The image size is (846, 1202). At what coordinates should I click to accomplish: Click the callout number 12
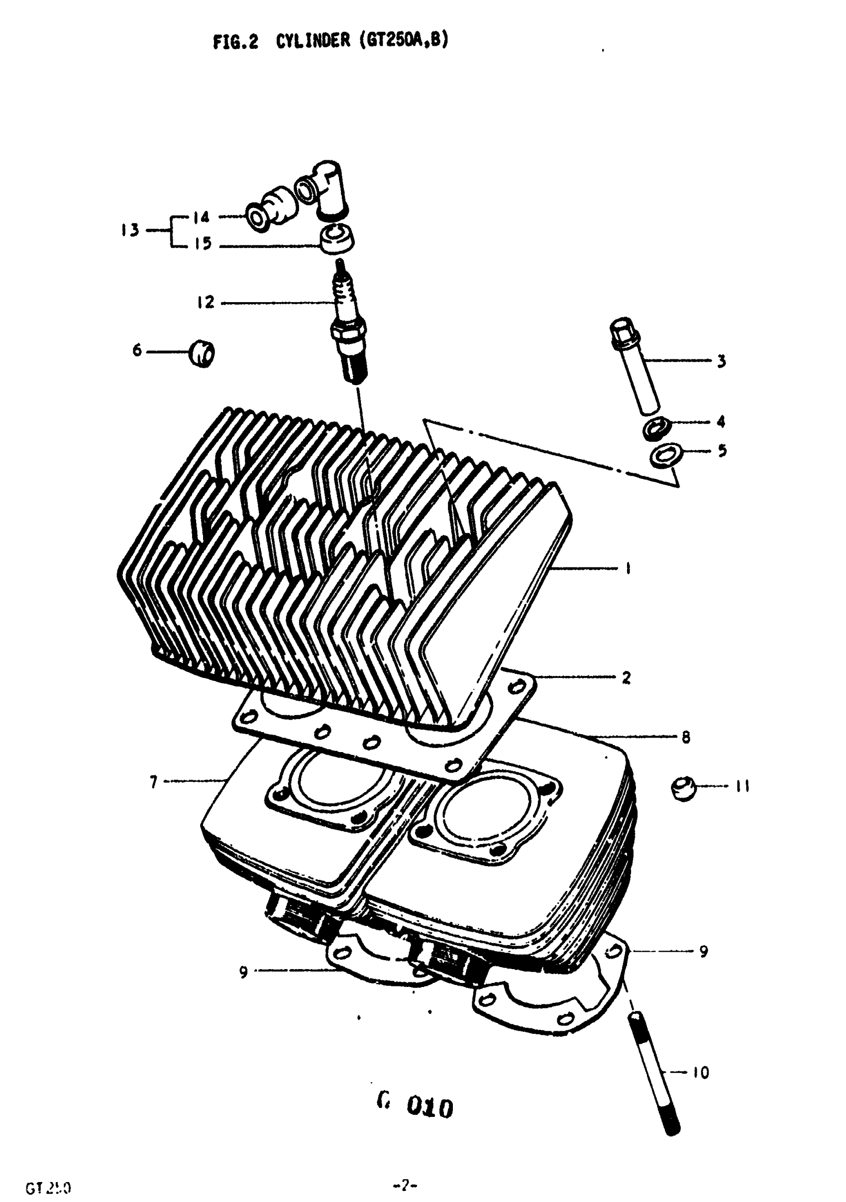(206, 303)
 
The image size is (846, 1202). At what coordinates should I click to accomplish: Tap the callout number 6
(137, 350)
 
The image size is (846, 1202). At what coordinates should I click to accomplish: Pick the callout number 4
(721, 422)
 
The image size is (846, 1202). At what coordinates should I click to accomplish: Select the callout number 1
(628, 568)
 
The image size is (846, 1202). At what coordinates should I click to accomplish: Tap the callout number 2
(626, 678)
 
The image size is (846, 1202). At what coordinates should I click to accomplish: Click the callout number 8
(686, 738)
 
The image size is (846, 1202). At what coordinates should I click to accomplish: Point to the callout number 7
(153, 782)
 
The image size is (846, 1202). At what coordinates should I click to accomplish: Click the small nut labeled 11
(684, 789)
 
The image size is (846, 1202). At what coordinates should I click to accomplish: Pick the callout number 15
(203, 244)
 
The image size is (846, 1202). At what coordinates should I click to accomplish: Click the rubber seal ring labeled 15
(336, 240)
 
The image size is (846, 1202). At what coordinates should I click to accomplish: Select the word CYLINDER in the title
(313, 40)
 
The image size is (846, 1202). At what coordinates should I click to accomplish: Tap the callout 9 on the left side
(243, 972)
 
